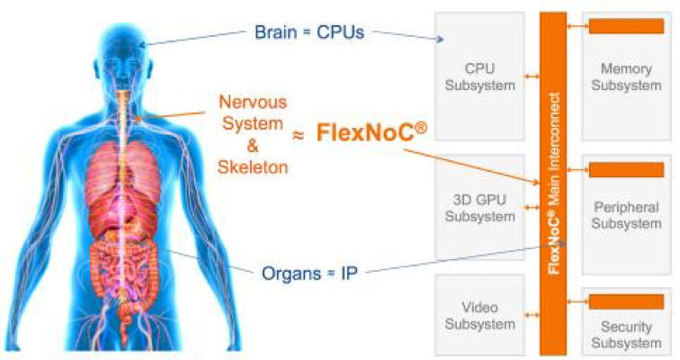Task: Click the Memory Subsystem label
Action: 627,77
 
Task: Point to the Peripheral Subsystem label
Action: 627,224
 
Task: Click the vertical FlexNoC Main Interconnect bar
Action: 555,180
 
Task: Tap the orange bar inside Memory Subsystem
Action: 626,26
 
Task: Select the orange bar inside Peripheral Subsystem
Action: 626,170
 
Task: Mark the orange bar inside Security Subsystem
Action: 626,301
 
